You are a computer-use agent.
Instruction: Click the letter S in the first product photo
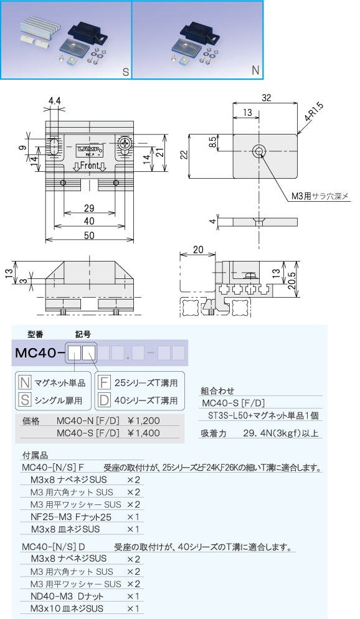126,72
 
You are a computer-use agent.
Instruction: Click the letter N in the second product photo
255,70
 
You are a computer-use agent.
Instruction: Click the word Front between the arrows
89,166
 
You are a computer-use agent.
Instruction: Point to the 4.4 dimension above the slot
55,102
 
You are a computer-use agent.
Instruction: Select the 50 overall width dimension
89,235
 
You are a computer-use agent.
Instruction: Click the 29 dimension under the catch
89,208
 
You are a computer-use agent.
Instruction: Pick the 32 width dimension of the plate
267,98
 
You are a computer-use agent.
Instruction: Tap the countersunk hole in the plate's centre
259,151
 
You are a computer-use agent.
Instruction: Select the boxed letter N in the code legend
25,382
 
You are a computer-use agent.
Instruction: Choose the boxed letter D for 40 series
104,400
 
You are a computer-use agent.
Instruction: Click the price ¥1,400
144,433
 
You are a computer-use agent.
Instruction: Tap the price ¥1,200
144,421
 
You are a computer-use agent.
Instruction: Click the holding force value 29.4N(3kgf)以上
281,433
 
